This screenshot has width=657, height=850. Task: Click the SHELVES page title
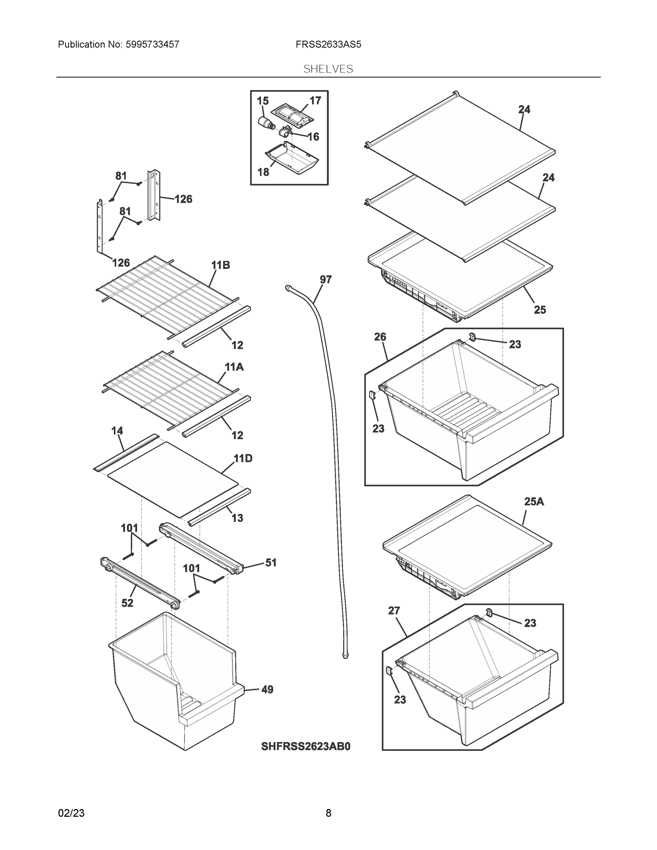click(328, 69)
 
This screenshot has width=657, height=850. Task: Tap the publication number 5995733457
click(152, 44)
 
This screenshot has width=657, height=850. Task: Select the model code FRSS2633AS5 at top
click(328, 44)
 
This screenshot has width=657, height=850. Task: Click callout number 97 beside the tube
click(325, 279)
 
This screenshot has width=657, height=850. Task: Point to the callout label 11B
click(220, 265)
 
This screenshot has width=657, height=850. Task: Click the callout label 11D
click(243, 459)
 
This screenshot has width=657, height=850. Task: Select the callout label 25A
click(534, 501)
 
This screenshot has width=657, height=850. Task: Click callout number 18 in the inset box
click(263, 172)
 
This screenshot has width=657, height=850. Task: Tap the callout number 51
click(271, 562)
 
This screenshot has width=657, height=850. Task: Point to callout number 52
click(127, 603)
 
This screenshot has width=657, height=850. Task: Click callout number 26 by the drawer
click(380, 337)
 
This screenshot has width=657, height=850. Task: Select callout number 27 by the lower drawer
click(394, 611)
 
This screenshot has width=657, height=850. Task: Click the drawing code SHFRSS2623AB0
click(306, 746)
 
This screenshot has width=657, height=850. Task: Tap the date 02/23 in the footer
click(71, 813)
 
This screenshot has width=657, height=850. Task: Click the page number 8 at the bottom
click(328, 813)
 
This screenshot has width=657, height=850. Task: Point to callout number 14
click(117, 430)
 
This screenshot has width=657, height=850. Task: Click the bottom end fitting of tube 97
click(345, 656)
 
